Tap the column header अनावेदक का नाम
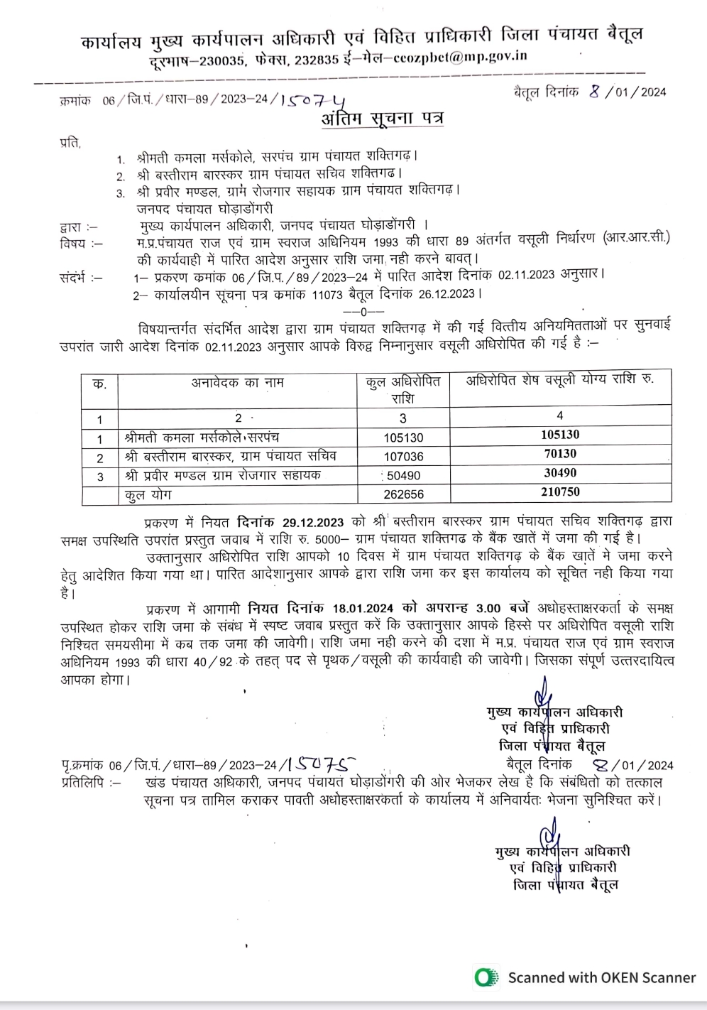237,383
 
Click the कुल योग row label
148,494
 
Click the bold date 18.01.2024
362,609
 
